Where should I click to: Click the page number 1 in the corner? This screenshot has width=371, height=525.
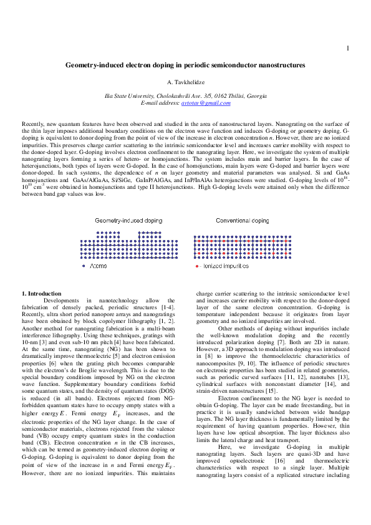pos(347,49)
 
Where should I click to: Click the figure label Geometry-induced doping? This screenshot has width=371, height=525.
pos(128,221)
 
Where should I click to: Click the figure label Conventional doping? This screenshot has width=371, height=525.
pos(243,221)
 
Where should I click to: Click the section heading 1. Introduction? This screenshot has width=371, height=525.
pos(42,293)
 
